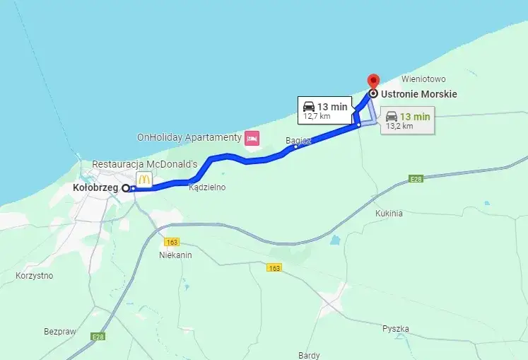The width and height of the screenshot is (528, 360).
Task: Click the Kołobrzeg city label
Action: [x=95, y=188]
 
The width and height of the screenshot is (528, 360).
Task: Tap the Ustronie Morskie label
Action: [x=419, y=94]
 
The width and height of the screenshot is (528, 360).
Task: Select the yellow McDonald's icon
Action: [x=144, y=180]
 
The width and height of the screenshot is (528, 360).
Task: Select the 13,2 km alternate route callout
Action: [x=408, y=120]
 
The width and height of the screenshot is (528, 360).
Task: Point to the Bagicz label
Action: [x=298, y=141]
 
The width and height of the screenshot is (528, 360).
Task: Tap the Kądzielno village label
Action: [x=207, y=187]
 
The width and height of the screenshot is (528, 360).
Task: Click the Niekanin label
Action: [x=176, y=255]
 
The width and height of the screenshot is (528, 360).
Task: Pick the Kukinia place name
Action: [x=389, y=213]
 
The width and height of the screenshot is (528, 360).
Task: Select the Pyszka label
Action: [x=396, y=329]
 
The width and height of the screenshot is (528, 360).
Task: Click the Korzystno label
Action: [x=35, y=275]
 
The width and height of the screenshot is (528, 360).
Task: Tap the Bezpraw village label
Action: [x=60, y=330]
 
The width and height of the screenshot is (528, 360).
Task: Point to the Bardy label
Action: [x=310, y=355]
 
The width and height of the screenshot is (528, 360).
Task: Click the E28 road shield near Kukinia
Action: [x=416, y=179]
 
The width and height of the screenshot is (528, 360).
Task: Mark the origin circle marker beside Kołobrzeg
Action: [x=126, y=188]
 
